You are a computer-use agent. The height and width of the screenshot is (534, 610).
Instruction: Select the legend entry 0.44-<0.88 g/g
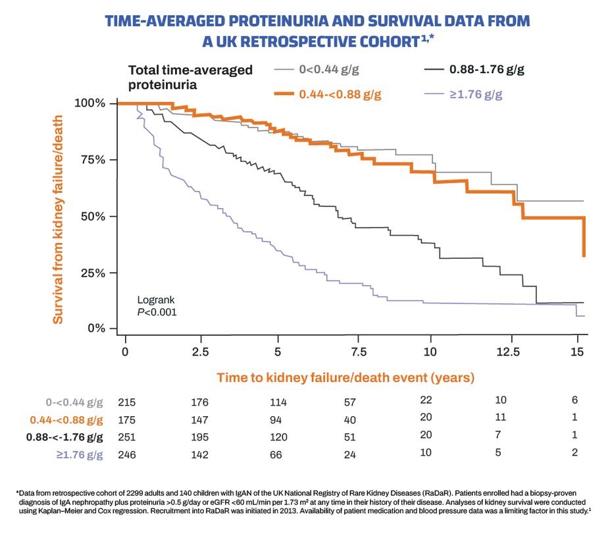[x=340, y=94]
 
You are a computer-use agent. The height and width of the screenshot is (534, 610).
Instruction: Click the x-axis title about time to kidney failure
[x=346, y=378]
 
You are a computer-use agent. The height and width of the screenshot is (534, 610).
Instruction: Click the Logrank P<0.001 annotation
[x=157, y=305]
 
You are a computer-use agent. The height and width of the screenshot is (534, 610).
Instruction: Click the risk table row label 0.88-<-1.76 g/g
[x=64, y=437]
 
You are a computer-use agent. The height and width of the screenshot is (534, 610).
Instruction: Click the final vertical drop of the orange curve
[x=584, y=237]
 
